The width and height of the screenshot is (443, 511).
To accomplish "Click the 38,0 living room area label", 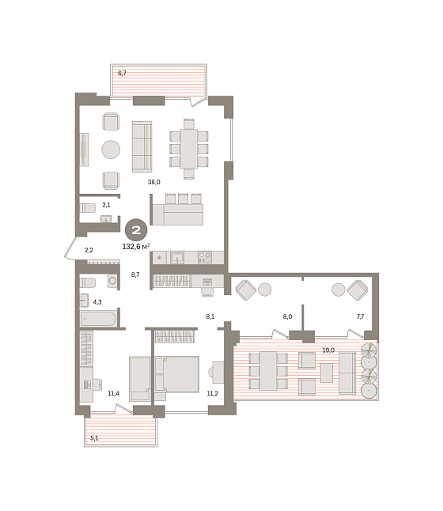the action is pyautogui.click(x=153, y=182).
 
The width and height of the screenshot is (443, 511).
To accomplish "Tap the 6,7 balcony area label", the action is pyautogui.click(x=122, y=73).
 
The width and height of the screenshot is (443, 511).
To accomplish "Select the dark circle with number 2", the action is pyautogui.click(x=136, y=229).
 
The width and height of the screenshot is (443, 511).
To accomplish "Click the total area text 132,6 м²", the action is pyautogui.click(x=136, y=246).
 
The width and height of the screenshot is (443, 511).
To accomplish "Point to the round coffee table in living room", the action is pyautogui.click(x=111, y=150).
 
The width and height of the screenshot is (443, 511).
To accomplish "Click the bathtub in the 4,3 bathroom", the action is pyautogui.click(x=98, y=319).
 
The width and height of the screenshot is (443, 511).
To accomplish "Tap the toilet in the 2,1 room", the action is pyautogui.click(x=87, y=208).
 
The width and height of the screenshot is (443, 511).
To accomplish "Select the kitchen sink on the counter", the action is pyautogui.click(x=177, y=257).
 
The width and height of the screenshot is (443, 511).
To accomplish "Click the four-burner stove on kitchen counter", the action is pyautogui.click(x=205, y=257).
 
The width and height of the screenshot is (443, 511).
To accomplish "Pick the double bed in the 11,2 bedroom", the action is pyautogui.click(x=177, y=374).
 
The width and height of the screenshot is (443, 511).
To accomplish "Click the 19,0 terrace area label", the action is pyautogui.click(x=328, y=350).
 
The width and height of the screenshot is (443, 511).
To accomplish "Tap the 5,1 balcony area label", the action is pyautogui.click(x=94, y=438).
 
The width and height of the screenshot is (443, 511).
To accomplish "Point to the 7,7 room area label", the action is pyautogui.click(x=360, y=316).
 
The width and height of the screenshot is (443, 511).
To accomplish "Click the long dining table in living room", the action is pyautogui.click(x=189, y=149).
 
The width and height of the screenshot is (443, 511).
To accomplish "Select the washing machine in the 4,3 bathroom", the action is pyautogui.click(x=112, y=281).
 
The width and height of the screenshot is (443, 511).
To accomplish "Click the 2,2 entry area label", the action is pyautogui.click(x=89, y=250).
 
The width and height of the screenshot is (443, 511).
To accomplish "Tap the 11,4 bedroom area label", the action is pyautogui.click(x=113, y=393).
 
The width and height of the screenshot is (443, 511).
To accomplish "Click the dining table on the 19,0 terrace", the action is pyautogui.click(x=268, y=371).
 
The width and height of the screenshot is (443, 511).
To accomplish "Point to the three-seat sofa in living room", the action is pyautogui.click(x=142, y=146).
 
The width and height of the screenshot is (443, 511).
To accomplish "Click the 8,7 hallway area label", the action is pyautogui.click(x=135, y=274).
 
